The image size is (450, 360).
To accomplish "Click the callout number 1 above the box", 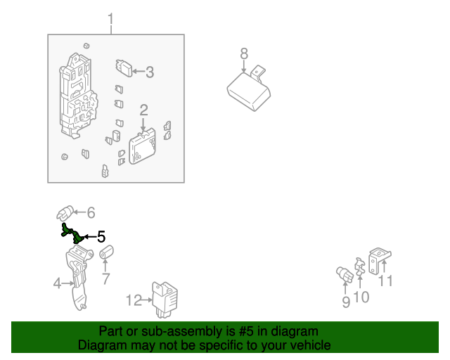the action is [x=111, y=19].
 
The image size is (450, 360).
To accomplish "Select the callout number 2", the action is [x=143, y=110].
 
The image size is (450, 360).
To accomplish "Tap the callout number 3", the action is [x=150, y=72].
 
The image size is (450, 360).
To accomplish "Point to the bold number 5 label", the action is [x=101, y=237].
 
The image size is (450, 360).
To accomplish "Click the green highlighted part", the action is [x=72, y=233].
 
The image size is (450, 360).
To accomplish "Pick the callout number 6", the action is [x=91, y=213].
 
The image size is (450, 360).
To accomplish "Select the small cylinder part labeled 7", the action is [x=106, y=252].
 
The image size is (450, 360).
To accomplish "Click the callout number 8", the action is [x=244, y=53].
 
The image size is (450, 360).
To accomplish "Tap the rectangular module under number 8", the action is [x=248, y=91].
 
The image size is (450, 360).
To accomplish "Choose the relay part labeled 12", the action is [x=165, y=300].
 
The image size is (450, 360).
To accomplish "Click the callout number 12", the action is [x=134, y=300].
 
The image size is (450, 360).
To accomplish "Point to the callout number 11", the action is [x=385, y=281].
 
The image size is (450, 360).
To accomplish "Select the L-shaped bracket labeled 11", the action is [x=379, y=261].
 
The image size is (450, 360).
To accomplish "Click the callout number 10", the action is [x=361, y=297].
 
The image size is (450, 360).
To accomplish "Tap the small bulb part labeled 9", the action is [x=345, y=274].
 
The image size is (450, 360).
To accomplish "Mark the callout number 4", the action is [x=58, y=283].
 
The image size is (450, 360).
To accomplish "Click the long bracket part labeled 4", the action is [x=78, y=278].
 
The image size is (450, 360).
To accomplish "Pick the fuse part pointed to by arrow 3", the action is [x=124, y=68].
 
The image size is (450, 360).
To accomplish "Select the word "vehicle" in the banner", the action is [x=313, y=345].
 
